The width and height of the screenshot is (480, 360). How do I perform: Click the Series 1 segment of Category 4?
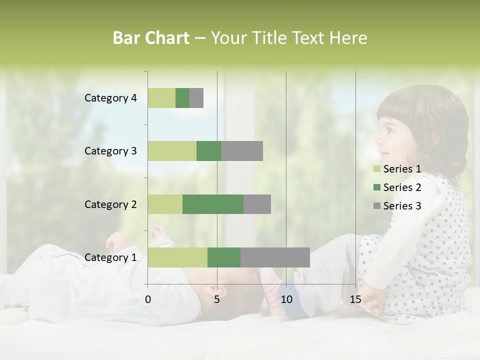[x=161, y=98]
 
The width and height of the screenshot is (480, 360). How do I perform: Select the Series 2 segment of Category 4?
[x=182, y=98]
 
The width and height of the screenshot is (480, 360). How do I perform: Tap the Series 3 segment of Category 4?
[x=196, y=98]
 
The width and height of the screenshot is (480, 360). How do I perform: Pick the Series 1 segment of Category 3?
[x=172, y=151]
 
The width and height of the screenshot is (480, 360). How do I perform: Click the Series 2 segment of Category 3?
[x=209, y=151]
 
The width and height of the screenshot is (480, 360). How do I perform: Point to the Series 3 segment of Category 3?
[x=242, y=151]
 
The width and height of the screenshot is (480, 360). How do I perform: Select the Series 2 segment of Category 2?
[x=213, y=204]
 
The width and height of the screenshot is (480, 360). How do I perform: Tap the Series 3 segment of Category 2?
[x=257, y=204]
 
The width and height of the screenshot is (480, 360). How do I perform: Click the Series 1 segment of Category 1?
[x=177, y=257]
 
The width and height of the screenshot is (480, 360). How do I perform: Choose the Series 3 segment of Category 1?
[x=275, y=257]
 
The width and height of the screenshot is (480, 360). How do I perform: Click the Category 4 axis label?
[x=110, y=98]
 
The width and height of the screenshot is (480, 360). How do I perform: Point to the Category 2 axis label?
[x=110, y=204]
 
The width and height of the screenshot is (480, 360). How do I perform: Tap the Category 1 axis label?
[x=110, y=257]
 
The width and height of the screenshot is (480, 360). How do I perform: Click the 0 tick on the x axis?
[x=148, y=299]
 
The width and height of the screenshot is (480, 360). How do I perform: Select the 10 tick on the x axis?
[x=286, y=299]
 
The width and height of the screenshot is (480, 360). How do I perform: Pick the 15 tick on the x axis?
[x=355, y=299]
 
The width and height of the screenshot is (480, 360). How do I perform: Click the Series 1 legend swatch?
[x=376, y=169]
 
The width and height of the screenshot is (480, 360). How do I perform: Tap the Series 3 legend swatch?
[x=376, y=206]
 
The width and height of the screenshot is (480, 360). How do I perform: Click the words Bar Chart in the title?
[x=151, y=38]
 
